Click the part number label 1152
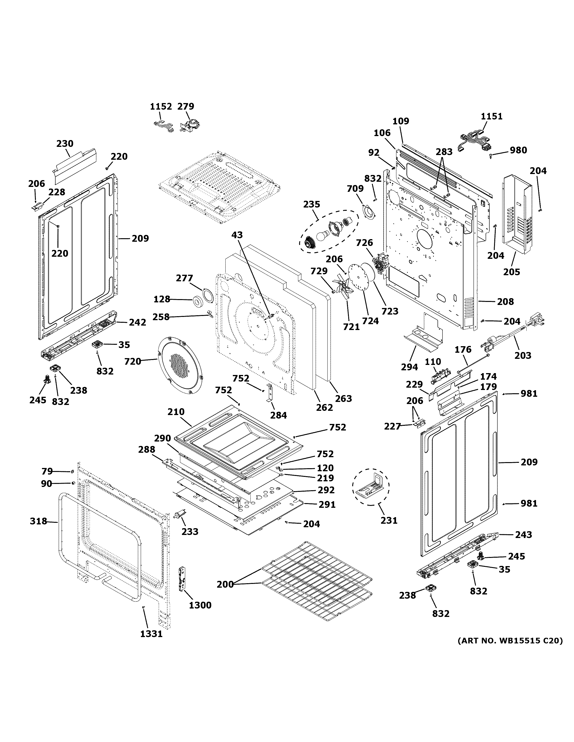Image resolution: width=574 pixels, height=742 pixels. (161, 107)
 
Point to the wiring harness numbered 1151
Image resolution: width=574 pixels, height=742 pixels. (474, 142)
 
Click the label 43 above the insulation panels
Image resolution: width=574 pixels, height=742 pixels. (237, 235)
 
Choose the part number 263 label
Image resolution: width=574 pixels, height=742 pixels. (344, 398)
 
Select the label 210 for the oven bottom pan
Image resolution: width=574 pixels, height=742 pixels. (176, 412)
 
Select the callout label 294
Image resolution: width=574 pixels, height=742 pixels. (409, 367)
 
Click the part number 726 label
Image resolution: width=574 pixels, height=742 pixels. (365, 243)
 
